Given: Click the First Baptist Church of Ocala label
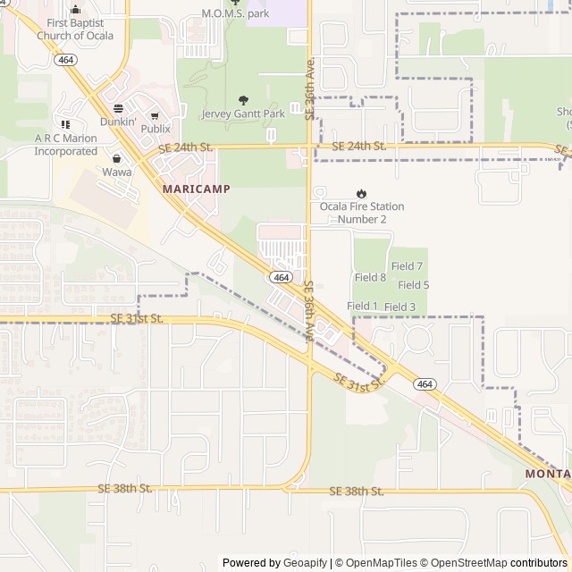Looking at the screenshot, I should (74, 29).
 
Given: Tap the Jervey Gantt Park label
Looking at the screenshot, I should (243, 114).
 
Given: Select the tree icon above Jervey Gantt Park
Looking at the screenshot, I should (243, 100).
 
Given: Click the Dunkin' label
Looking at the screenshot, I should (118, 121).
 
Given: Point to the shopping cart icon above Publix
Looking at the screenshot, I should (155, 115).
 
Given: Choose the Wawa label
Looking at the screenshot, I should (116, 172).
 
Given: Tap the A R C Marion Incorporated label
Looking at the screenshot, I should (65, 145).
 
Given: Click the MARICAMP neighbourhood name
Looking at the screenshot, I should (197, 189).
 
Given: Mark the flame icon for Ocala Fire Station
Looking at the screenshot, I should (361, 193).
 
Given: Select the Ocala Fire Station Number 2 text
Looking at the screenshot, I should (362, 213).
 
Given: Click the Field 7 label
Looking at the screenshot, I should (407, 266).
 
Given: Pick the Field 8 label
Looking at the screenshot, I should (370, 278).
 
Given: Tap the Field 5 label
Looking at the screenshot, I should (413, 285).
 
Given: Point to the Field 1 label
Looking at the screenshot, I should (362, 306).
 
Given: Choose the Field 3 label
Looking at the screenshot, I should (400, 307).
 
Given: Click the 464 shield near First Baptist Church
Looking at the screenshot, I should (64, 59).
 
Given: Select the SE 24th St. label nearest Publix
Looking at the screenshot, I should (185, 147).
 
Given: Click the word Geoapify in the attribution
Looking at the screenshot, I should (306, 563).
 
